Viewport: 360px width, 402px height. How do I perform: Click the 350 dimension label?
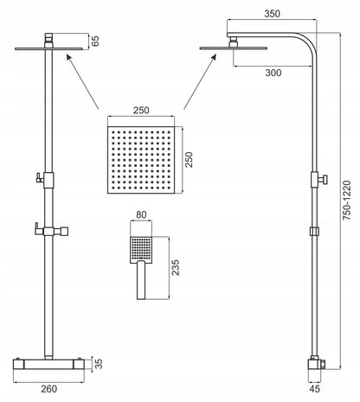[272, 14]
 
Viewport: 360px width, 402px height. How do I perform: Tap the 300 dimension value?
[273, 73]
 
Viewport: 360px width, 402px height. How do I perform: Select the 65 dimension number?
[95, 41]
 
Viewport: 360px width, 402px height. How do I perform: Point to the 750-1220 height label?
[347, 201]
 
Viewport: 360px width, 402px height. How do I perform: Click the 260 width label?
[49, 389]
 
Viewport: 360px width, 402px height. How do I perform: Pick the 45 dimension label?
[314, 389]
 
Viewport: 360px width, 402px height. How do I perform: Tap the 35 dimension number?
[99, 364]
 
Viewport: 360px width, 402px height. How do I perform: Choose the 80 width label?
[141, 214]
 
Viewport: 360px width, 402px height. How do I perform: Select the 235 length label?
[176, 268]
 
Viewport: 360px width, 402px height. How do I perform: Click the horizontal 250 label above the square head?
[141, 110]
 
